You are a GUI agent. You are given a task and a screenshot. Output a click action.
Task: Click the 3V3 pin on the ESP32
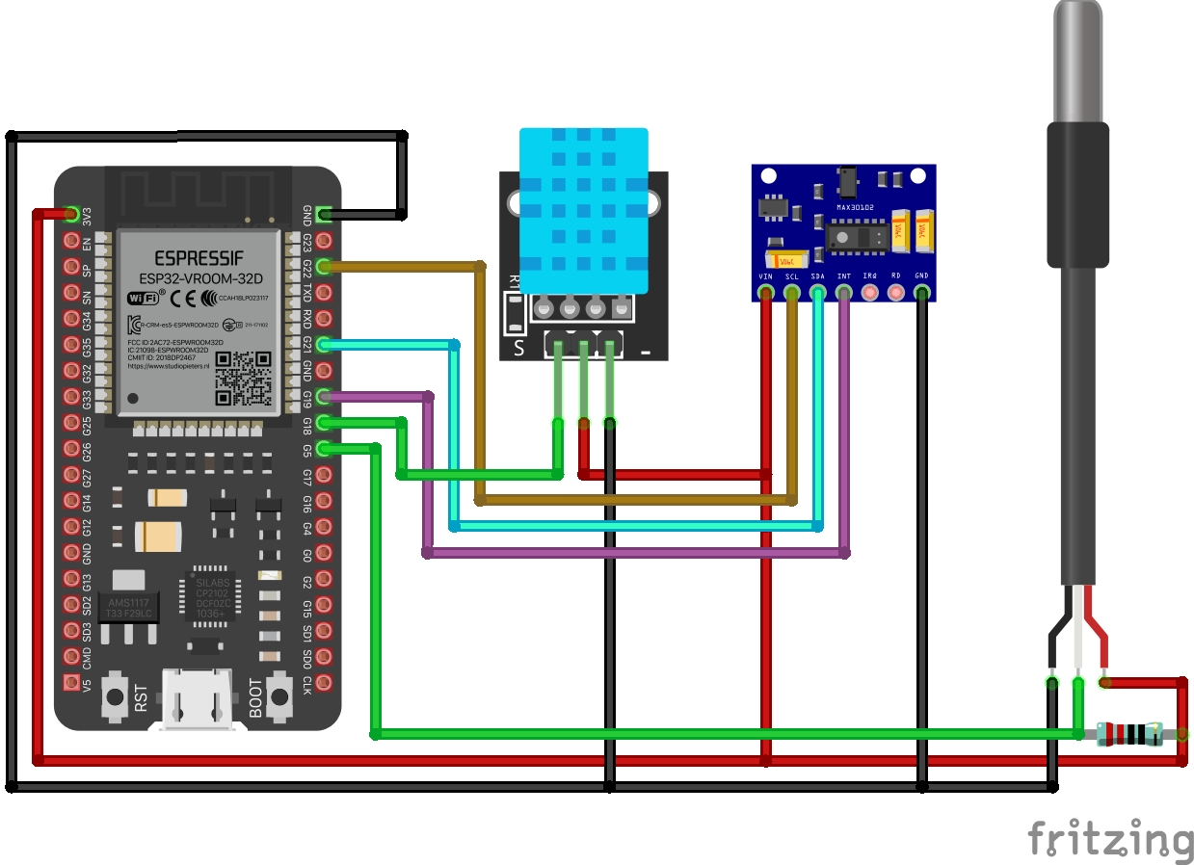(x=71, y=214)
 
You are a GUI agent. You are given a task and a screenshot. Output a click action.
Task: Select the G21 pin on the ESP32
(x=324, y=344)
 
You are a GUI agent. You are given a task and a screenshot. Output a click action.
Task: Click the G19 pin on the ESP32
(x=324, y=396)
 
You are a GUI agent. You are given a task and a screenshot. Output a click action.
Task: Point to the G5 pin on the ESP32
(x=324, y=447)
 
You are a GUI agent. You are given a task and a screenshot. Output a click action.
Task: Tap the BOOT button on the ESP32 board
(x=280, y=695)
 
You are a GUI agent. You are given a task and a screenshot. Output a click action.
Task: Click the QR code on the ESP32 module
(x=242, y=378)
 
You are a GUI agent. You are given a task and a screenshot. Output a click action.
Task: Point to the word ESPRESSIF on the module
(x=199, y=258)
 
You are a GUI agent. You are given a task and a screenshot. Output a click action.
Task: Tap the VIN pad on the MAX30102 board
(x=766, y=292)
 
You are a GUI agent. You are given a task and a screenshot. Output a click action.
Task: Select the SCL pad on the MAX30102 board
(x=792, y=292)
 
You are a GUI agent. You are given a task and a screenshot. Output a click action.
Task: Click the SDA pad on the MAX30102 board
(x=818, y=292)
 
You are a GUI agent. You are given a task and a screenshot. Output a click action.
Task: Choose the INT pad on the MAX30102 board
(x=844, y=292)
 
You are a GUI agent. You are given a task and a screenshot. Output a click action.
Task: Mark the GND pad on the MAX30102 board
(x=922, y=292)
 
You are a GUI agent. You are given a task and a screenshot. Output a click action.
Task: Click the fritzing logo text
(x=1109, y=838)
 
